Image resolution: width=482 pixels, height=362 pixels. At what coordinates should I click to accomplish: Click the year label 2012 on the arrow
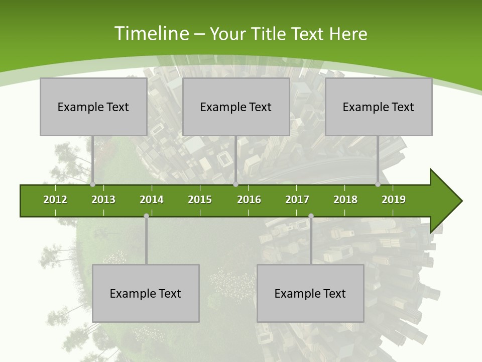(x=55, y=200)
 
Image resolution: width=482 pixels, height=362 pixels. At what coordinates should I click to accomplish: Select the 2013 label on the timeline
(x=103, y=200)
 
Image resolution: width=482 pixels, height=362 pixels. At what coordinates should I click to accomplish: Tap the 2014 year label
(x=152, y=200)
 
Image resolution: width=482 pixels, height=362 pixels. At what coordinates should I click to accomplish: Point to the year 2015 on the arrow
(x=200, y=200)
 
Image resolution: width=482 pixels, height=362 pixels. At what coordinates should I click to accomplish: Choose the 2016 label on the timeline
(x=249, y=200)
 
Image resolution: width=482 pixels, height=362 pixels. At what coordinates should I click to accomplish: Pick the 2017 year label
(x=297, y=200)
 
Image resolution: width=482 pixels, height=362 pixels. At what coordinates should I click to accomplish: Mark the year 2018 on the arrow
(x=345, y=200)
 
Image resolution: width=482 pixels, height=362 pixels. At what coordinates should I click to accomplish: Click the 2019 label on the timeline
(x=394, y=200)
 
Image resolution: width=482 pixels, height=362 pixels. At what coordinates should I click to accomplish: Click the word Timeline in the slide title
(x=151, y=34)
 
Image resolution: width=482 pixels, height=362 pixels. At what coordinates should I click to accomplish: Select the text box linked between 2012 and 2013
(x=93, y=107)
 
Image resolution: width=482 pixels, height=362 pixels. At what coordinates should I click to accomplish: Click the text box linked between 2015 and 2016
(x=236, y=107)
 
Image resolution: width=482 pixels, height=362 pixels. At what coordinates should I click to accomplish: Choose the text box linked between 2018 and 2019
(x=379, y=107)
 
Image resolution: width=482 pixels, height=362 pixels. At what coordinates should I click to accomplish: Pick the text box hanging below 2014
(x=146, y=293)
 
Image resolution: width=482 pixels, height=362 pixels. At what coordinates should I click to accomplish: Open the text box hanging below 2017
(x=310, y=293)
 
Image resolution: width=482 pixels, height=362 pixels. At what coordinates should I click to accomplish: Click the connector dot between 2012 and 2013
(x=93, y=185)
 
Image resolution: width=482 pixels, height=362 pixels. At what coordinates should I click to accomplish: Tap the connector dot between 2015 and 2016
(x=235, y=185)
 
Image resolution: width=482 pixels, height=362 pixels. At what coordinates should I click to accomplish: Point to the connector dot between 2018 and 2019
(x=378, y=185)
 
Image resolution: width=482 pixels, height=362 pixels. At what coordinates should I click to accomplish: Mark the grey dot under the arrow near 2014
(x=146, y=216)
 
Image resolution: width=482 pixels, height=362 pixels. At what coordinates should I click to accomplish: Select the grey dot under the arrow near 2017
(x=311, y=216)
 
